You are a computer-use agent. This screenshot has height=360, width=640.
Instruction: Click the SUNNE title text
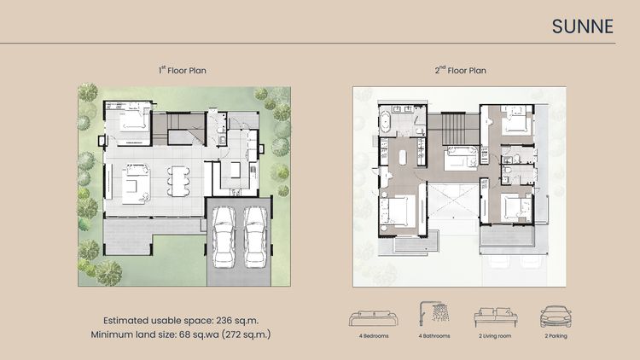tap(583, 26)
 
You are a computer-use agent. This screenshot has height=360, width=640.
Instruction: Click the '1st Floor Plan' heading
tap(183, 70)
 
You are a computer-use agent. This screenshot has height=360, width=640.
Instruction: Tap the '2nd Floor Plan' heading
tap(461, 70)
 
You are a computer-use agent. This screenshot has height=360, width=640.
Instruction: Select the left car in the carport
tap(224, 237)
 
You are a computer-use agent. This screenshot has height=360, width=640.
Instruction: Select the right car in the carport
tap(255, 237)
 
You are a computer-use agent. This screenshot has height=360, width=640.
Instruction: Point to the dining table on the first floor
tap(178, 181)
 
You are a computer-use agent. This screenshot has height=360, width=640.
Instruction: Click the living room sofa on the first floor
tap(136, 183)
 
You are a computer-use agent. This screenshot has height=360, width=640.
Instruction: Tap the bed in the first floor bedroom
tap(134, 121)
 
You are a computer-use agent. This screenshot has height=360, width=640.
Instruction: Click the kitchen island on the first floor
tap(236, 170)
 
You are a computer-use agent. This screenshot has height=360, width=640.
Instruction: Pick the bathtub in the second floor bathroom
tap(386, 123)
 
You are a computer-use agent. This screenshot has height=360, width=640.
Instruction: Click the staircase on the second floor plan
tap(461, 129)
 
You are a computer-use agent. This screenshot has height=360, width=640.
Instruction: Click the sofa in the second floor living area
tap(461, 159)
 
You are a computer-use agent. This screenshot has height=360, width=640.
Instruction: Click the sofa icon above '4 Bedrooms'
tap(374, 318)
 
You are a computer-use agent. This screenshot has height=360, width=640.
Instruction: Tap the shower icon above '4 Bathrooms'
tap(433, 313)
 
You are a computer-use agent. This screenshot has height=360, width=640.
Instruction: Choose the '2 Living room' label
tap(495, 336)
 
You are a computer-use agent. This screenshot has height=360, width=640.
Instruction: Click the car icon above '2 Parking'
tap(556, 316)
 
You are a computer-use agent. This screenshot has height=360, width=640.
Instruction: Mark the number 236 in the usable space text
tap(224, 321)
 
